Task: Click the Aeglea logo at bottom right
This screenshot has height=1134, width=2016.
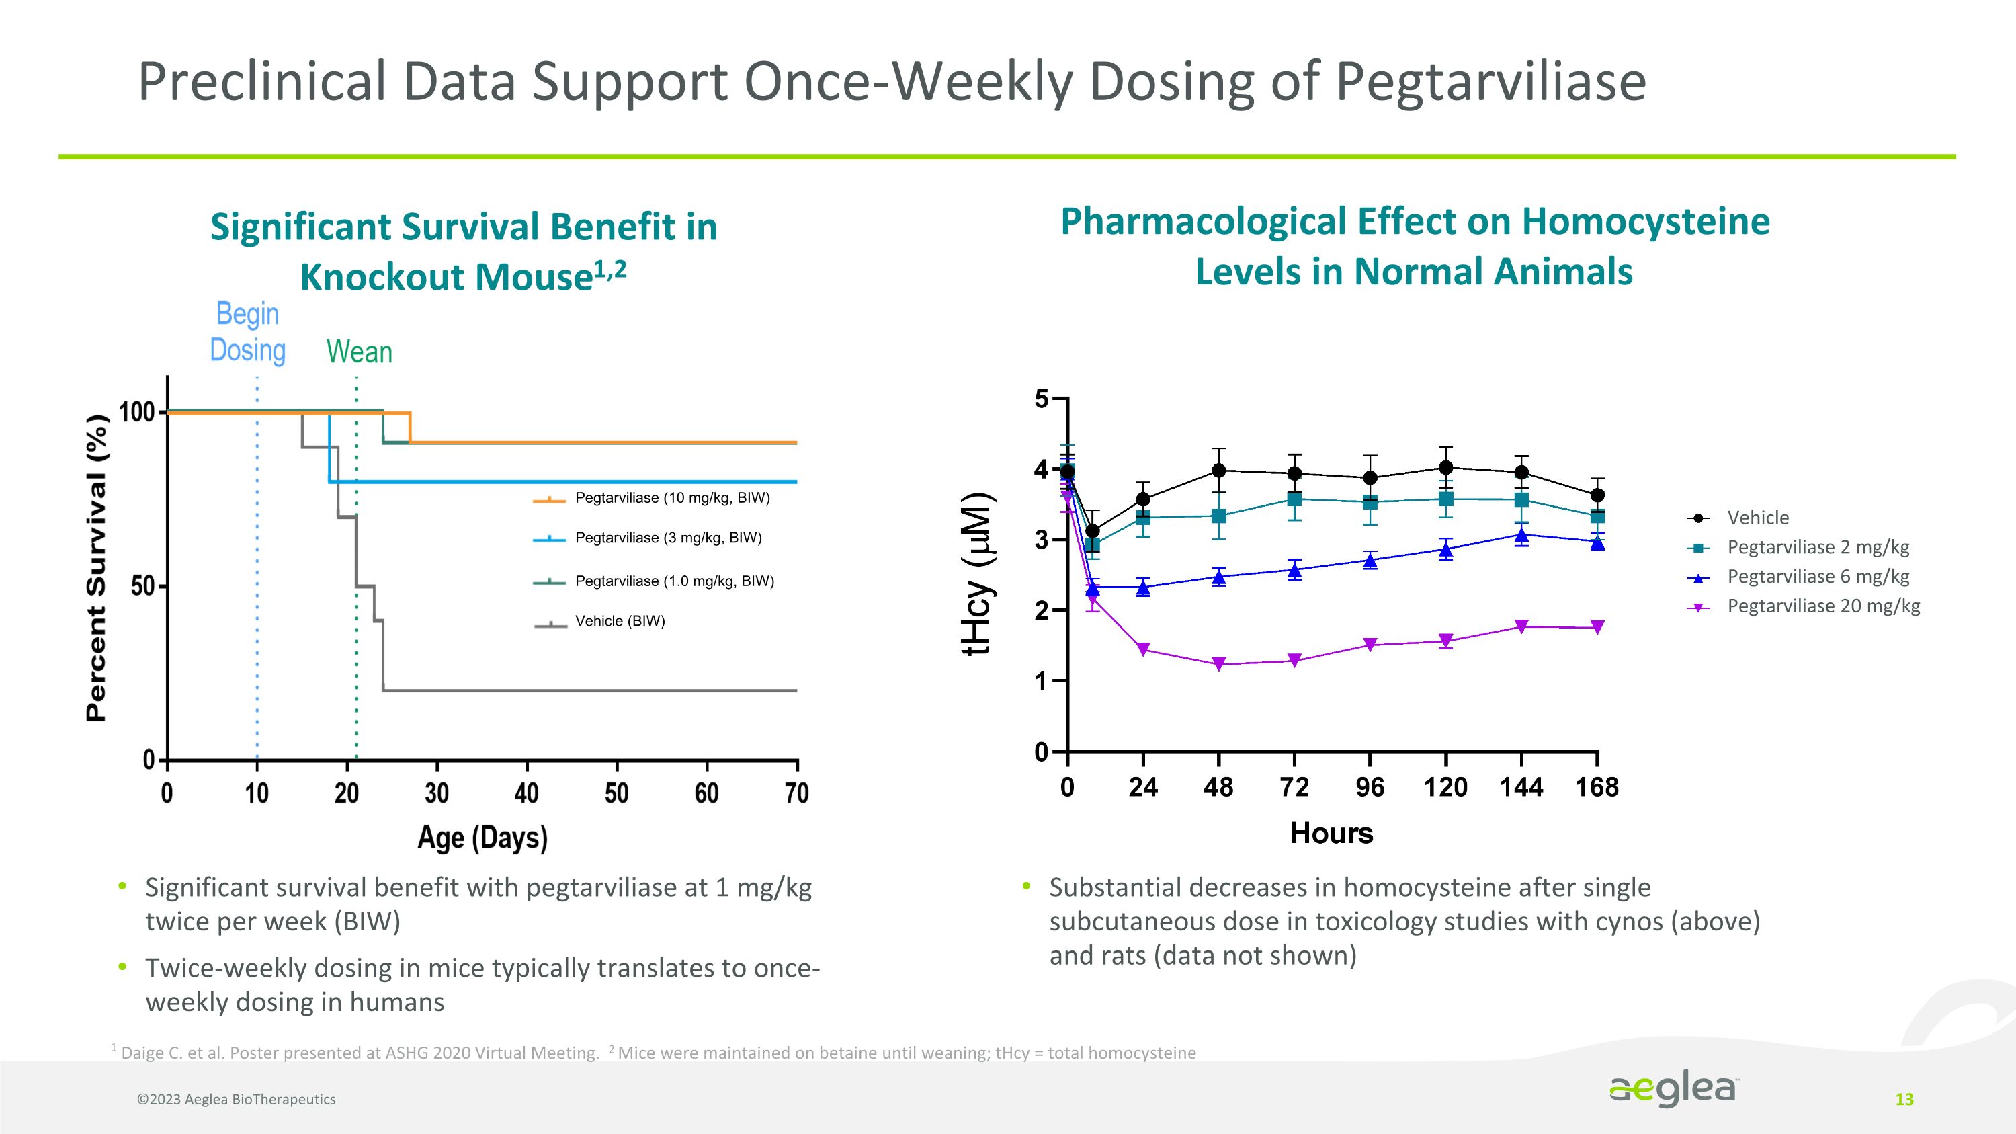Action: click(1673, 1090)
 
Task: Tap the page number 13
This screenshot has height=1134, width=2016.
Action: click(1904, 1100)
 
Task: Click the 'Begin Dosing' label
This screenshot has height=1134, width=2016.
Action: click(247, 332)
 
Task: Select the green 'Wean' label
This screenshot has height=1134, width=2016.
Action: click(360, 352)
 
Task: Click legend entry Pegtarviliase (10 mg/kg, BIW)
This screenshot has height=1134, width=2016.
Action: click(671, 497)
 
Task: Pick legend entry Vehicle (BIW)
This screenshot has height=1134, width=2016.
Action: click(619, 620)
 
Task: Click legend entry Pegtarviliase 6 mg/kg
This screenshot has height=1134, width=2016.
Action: click(1817, 576)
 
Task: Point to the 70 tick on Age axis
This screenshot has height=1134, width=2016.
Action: click(797, 793)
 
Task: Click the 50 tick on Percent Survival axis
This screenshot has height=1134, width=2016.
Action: click(142, 586)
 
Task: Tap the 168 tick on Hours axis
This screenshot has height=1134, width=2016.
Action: click(1597, 786)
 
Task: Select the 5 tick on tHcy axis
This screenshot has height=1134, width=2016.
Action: click(1042, 399)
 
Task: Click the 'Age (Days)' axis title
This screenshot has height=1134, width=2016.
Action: click(482, 838)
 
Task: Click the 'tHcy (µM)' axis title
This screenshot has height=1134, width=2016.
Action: click(978, 573)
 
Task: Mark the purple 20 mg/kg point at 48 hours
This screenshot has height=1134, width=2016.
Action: click(1218, 664)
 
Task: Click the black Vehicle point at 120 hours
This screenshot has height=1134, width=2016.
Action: click(1445, 467)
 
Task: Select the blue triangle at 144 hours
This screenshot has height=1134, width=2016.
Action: click(1521, 535)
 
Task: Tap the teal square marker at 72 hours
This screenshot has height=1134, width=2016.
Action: click(1294, 499)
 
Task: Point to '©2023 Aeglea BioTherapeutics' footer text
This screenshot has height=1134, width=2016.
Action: click(237, 1100)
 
